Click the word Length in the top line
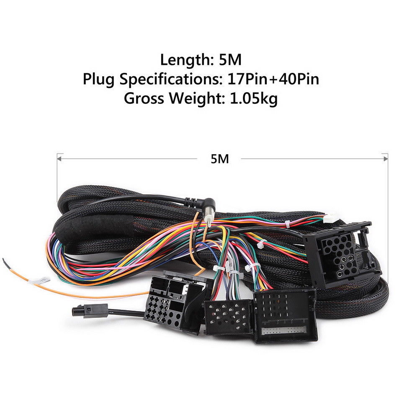pos(185,60)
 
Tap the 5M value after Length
pos(230,60)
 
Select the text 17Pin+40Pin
pos(273,79)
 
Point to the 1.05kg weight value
pos(253,98)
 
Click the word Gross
pos(144,98)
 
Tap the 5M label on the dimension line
pos(220,159)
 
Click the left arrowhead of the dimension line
pos(59,159)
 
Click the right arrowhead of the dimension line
pos(385,159)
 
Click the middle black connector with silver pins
pos(228,317)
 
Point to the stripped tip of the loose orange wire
pos(5,262)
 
